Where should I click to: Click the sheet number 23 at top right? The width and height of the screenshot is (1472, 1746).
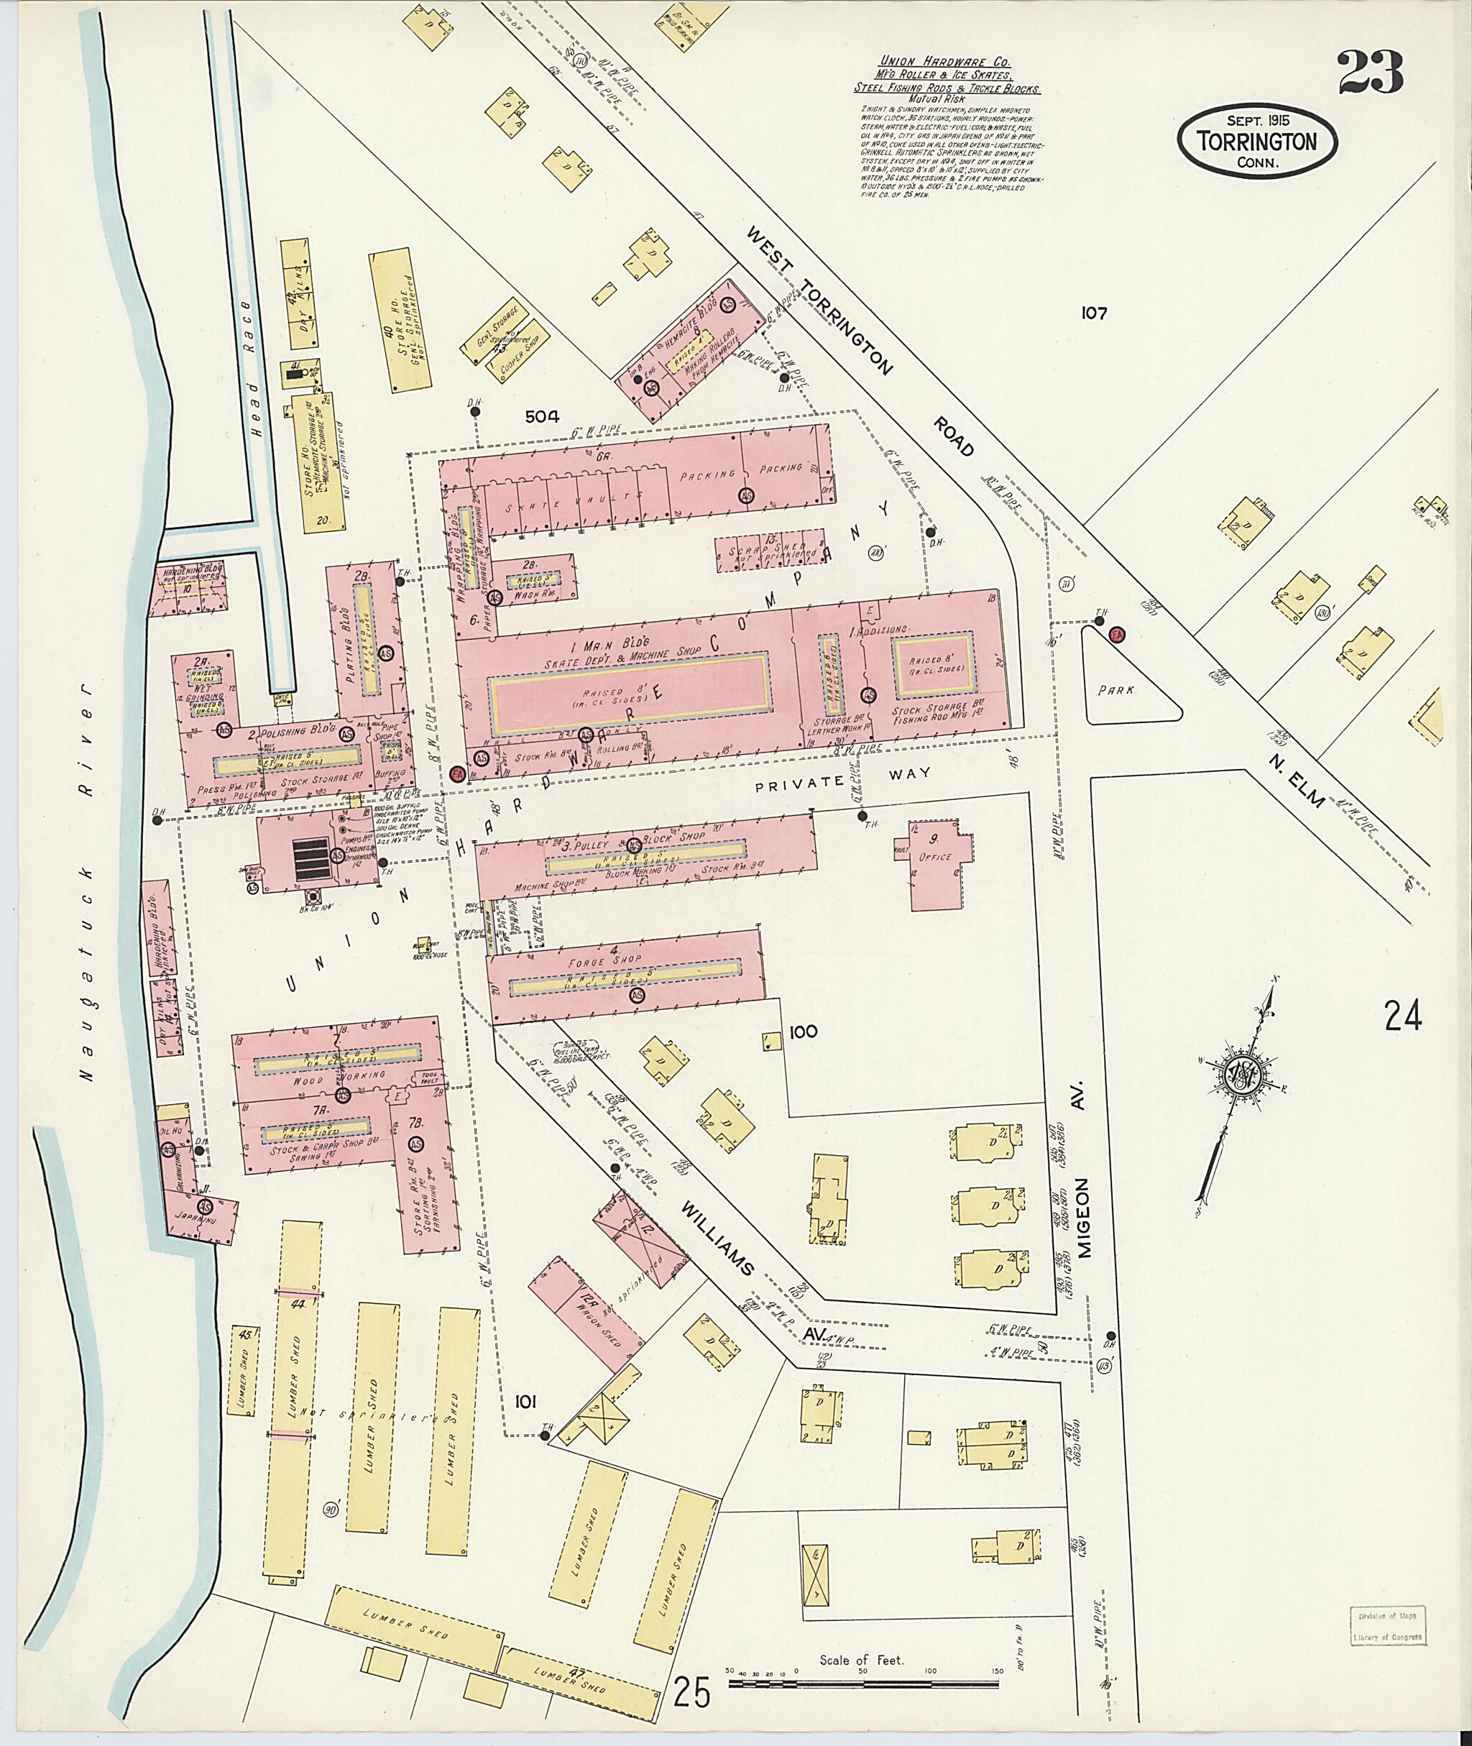click(x=1370, y=73)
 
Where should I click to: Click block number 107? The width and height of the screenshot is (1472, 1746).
click(x=1092, y=314)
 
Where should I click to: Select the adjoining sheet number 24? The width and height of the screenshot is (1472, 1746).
click(x=1402, y=1017)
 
